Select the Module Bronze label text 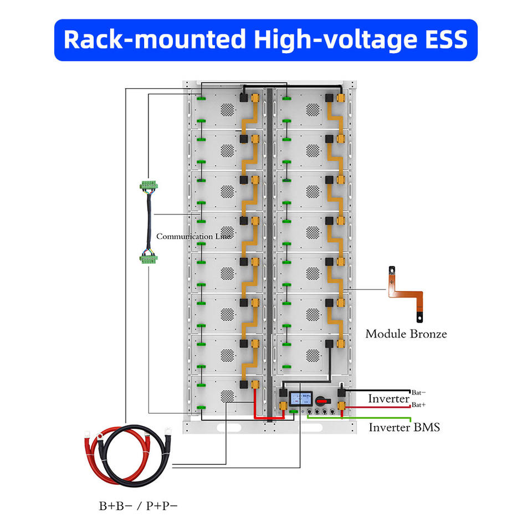[x=406, y=334]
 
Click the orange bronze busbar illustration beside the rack [x=406, y=294]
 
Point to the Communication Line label [x=194, y=236]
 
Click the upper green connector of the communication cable [x=149, y=185]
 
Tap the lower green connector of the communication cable [x=149, y=259]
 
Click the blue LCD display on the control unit [x=301, y=398]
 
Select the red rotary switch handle [x=323, y=401]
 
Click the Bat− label [x=419, y=392]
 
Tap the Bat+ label [x=419, y=405]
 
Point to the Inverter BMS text [x=405, y=427]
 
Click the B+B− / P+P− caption [x=138, y=506]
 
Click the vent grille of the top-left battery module [x=227, y=109]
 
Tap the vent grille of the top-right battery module [x=313, y=109]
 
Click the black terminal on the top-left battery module [x=244, y=98]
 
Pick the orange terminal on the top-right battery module [x=340, y=98]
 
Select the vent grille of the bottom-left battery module [x=227, y=396]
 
